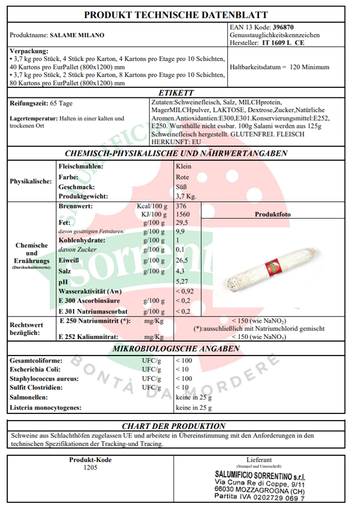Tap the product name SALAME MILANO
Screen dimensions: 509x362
coord(76,35)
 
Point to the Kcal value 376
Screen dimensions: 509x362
coord(181,205)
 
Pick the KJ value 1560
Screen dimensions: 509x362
coord(183,213)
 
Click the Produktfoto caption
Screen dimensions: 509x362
coord(273,214)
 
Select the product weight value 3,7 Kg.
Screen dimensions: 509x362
coord(186,196)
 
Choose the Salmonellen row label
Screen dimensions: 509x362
coord(31,397)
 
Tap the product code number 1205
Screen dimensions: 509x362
coord(90,468)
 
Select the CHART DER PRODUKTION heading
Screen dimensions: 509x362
coord(174,426)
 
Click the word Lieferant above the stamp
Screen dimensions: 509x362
coord(258,459)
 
